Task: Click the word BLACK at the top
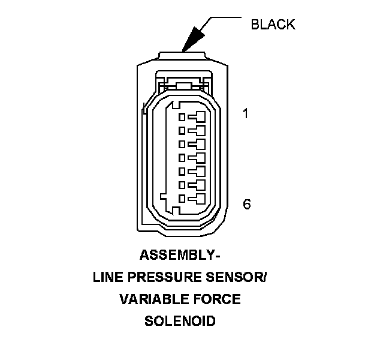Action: coord(273,25)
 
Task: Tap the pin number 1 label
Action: coord(245,113)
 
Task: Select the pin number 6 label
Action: coord(246,205)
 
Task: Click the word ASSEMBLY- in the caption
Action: coord(180,256)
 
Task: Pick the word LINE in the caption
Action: coord(107,277)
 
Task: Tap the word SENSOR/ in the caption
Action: coord(239,277)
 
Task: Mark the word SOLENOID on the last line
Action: coord(180,320)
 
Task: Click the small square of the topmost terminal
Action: coord(182,116)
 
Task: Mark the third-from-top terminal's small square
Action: coord(182,143)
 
